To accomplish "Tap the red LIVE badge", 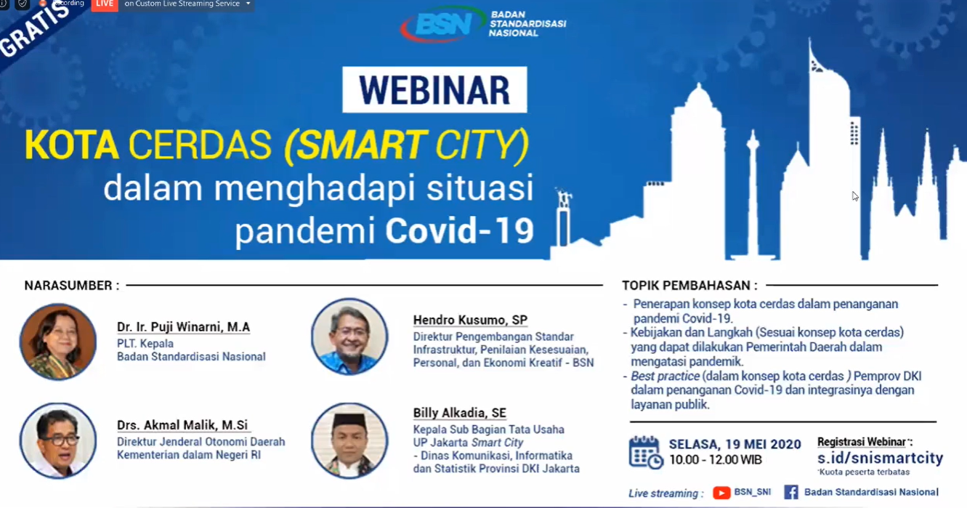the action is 105,5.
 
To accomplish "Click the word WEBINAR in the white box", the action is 434,90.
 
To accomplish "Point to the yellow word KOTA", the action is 72,145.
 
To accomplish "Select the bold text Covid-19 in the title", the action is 459,230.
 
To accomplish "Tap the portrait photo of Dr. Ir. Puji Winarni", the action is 58,342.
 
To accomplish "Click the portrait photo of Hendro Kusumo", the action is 349,336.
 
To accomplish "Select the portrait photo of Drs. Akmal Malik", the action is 58,440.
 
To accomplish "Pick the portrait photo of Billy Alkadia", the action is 349,440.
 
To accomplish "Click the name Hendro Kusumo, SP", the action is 470,320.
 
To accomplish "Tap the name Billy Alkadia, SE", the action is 460,413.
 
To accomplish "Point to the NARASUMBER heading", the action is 72,286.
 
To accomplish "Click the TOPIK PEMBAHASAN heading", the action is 689,286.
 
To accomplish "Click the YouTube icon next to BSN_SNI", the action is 721,493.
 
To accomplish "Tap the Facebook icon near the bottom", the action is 791,492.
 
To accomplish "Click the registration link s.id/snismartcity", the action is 880,458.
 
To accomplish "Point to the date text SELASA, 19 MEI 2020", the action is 735,444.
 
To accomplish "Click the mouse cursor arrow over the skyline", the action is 855,196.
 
